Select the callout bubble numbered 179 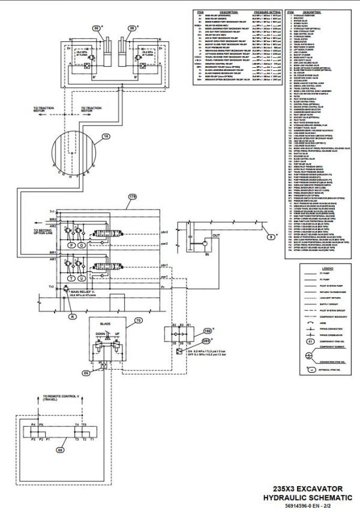pos(133,196)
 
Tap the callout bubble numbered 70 pos(139,321)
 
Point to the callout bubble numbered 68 pos(59,449)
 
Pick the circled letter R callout pos(72,315)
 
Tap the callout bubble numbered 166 pos(208,330)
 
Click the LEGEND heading pos(319,267)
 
